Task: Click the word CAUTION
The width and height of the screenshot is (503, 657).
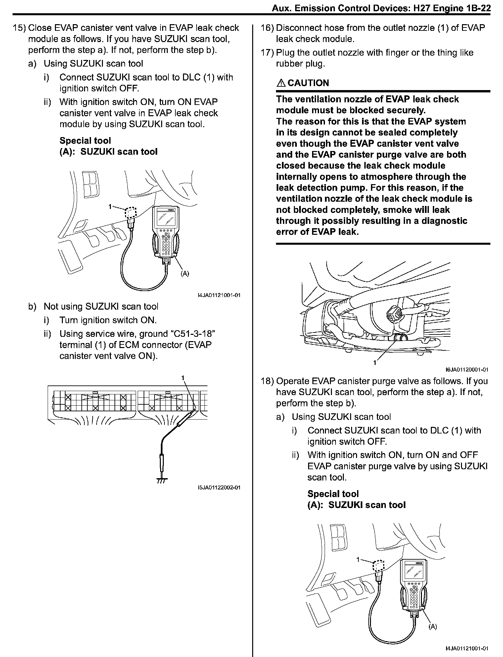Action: pyautogui.click(x=308, y=83)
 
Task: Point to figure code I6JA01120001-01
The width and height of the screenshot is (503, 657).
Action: pyautogui.click(x=467, y=370)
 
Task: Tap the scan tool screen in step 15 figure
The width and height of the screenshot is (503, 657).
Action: pyautogui.click(x=165, y=219)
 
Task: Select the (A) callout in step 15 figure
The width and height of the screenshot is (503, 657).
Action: pyautogui.click(x=185, y=273)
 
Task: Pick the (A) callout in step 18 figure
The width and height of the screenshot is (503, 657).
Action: pyautogui.click(x=433, y=627)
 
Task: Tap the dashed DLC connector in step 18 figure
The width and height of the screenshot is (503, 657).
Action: pyautogui.click(x=378, y=566)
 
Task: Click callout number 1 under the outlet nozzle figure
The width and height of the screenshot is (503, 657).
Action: pyautogui.click(x=375, y=363)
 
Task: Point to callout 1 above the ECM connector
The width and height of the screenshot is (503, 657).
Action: pyautogui.click(x=183, y=377)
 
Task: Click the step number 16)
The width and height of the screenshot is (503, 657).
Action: pyautogui.click(x=267, y=28)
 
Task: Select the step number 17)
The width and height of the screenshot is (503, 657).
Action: pyautogui.click(x=267, y=53)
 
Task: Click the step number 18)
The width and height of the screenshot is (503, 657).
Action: pyautogui.click(x=267, y=381)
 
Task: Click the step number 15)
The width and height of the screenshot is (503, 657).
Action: pyautogui.click(x=19, y=28)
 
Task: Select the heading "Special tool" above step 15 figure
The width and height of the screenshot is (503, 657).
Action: pyautogui.click(x=85, y=140)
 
